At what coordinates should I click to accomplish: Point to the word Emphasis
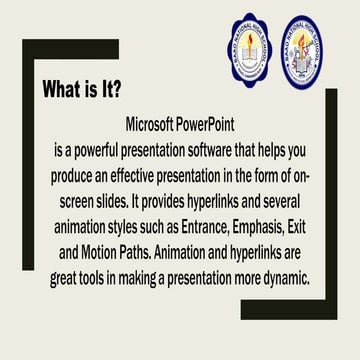pos(268,226)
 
